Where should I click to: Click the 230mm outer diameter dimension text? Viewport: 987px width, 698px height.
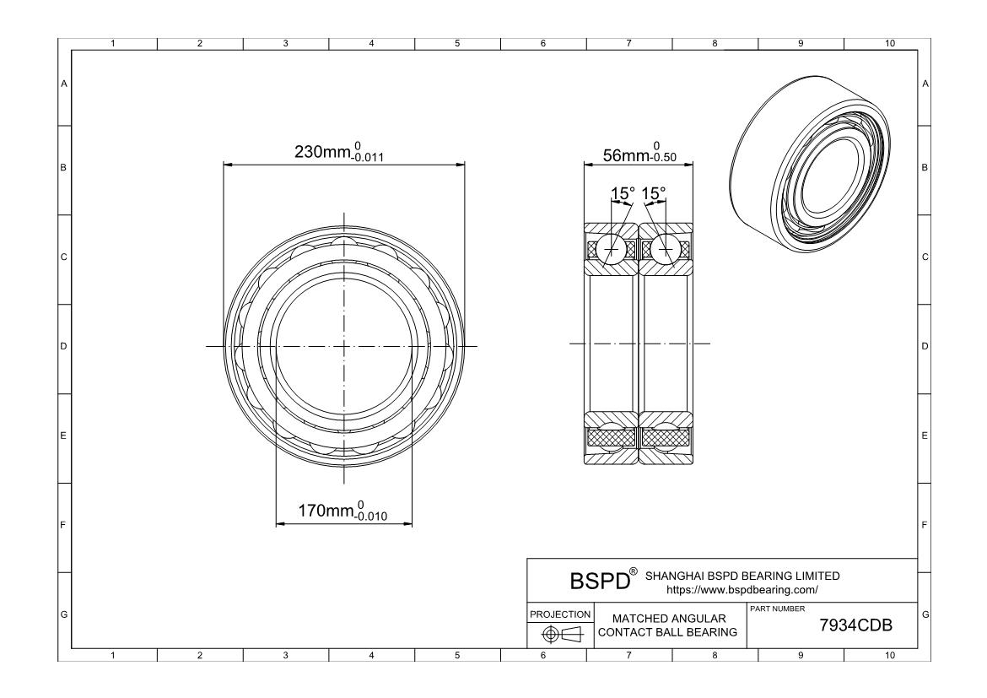[338, 153]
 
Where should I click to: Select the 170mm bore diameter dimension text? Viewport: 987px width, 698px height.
[342, 511]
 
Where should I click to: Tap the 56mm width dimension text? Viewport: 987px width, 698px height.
[639, 153]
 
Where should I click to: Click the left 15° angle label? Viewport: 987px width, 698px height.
[623, 193]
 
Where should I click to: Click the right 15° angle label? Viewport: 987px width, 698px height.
[654, 193]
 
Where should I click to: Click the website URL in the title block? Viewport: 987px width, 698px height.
[742, 590]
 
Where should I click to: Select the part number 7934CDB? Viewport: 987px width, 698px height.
[855, 625]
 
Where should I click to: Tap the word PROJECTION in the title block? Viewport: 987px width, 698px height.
[560, 614]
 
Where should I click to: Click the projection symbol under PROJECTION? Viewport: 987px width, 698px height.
[563, 635]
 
